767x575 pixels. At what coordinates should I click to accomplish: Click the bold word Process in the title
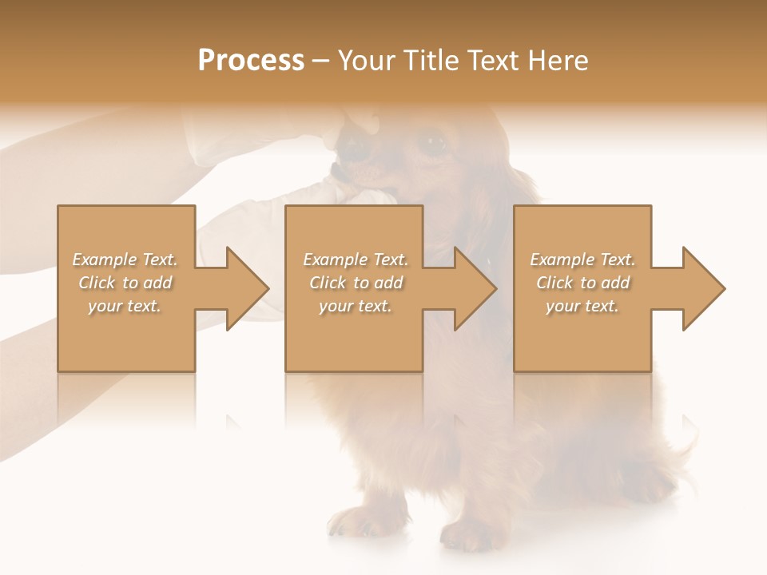pyautogui.click(x=251, y=60)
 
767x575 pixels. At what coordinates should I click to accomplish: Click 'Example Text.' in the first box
pyautogui.click(x=125, y=260)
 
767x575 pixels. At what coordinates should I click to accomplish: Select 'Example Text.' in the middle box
pyautogui.click(x=355, y=260)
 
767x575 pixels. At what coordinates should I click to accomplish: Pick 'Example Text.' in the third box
pyautogui.click(x=582, y=260)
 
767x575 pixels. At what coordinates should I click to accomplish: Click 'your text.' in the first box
pyautogui.click(x=125, y=306)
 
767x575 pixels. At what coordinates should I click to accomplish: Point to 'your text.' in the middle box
pyautogui.click(x=355, y=306)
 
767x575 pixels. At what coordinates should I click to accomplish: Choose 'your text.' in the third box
pyautogui.click(x=582, y=306)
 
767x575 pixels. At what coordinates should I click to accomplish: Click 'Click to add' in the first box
pyautogui.click(x=125, y=283)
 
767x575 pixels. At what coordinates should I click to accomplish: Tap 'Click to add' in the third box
pyautogui.click(x=582, y=283)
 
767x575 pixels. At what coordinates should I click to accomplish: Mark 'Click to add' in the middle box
pyautogui.click(x=355, y=283)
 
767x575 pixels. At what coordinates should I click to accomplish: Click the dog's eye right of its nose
pyautogui.click(x=433, y=145)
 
